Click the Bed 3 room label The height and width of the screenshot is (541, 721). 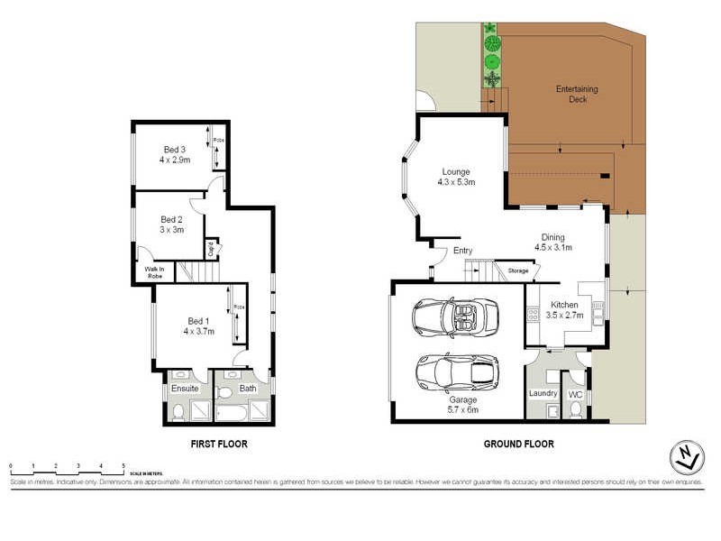tap(174, 150)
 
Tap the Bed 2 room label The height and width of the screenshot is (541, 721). tap(171, 219)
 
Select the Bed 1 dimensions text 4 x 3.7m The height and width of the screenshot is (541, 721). tap(197, 332)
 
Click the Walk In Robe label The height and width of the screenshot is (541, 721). tap(149, 271)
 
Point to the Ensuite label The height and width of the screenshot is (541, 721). tap(185, 388)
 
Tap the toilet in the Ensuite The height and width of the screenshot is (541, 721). tap(178, 412)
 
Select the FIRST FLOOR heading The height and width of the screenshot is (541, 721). tap(218, 444)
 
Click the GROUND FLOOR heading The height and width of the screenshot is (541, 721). tap(519, 444)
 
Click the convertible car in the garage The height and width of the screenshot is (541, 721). tap(455, 316)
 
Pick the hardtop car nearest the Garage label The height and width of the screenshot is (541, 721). tap(457, 370)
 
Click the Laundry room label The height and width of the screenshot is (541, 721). tap(543, 393)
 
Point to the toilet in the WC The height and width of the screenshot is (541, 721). tap(574, 410)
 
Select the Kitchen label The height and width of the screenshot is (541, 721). tap(563, 306)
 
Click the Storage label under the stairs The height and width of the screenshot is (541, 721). tap(517, 270)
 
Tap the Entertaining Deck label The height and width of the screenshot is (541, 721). tap(571, 94)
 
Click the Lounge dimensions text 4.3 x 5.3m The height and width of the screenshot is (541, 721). tap(456, 182)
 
